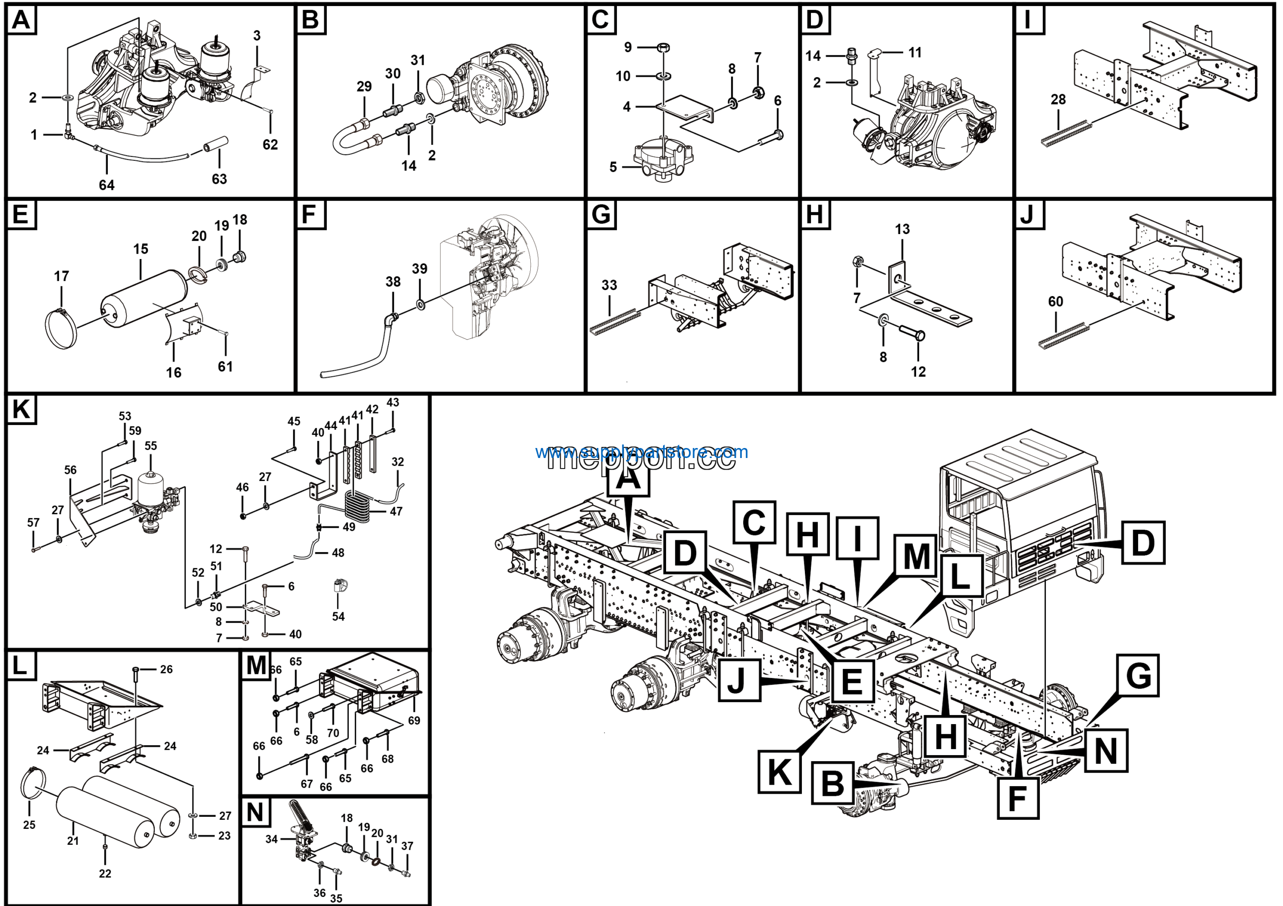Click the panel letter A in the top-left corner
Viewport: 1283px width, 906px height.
click(x=21, y=20)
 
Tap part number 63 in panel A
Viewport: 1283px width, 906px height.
click(x=219, y=179)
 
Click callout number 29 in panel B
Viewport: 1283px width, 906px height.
click(x=364, y=87)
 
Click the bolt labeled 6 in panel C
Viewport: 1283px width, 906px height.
click(x=772, y=136)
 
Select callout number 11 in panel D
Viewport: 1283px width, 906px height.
click(x=915, y=53)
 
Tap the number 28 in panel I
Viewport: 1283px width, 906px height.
click(x=1058, y=99)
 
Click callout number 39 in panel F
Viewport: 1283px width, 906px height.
click(x=419, y=269)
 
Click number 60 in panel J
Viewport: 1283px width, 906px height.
click(x=1055, y=302)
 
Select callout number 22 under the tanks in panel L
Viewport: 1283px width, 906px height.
click(x=105, y=873)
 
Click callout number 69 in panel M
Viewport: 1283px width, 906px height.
click(x=413, y=721)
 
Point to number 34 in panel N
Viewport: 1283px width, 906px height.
click(x=272, y=839)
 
